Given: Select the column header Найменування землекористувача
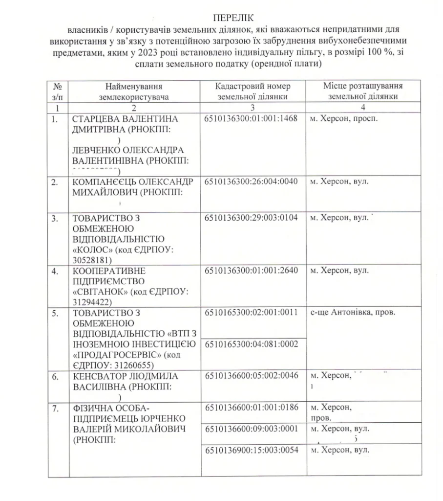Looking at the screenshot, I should pyautogui.click(x=133, y=91).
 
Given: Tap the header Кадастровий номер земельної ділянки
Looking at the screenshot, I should pyautogui.click(x=253, y=91).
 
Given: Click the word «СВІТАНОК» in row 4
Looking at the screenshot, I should pyautogui.click(x=95, y=292).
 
